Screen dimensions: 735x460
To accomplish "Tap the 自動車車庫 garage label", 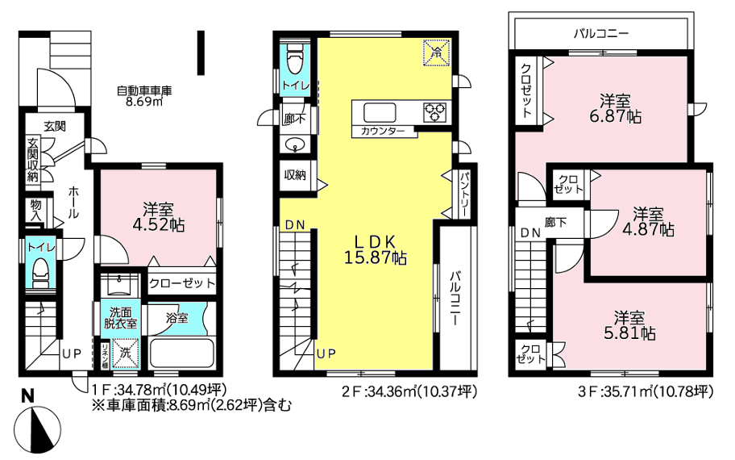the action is click(x=144, y=90).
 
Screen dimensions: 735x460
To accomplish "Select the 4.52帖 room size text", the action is click(x=159, y=225).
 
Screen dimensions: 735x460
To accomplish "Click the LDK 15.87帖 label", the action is click(x=375, y=249).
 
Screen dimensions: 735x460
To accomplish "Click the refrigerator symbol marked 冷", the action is click(x=437, y=52).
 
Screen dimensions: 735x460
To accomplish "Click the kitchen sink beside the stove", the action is click(x=380, y=113).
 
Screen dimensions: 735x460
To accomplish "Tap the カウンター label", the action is click(x=383, y=132).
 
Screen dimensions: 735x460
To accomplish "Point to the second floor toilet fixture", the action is click(x=294, y=60).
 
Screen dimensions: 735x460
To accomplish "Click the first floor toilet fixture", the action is click(x=41, y=273).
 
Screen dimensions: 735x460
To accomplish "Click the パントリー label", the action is click(x=464, y=194).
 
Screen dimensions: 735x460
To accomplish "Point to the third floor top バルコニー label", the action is click(x=601, y=34).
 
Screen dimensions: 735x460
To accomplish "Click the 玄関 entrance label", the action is click(x=55, y=126).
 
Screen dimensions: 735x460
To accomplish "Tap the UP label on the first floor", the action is click(x=73, y=354).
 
